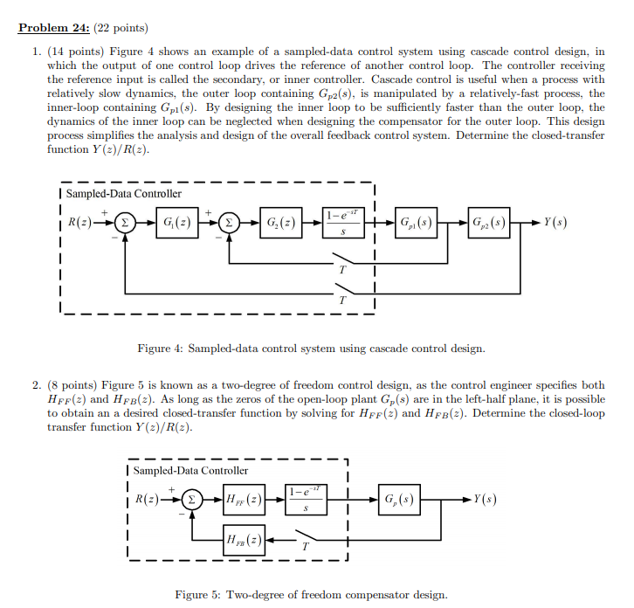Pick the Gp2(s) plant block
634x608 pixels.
click(490, 222)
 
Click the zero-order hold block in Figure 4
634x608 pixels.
click(342, 222)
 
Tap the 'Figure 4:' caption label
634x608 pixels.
click(162, 349)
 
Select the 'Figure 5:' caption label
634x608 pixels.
click(200, 595)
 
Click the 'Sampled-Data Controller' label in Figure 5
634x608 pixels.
click(190, 471)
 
